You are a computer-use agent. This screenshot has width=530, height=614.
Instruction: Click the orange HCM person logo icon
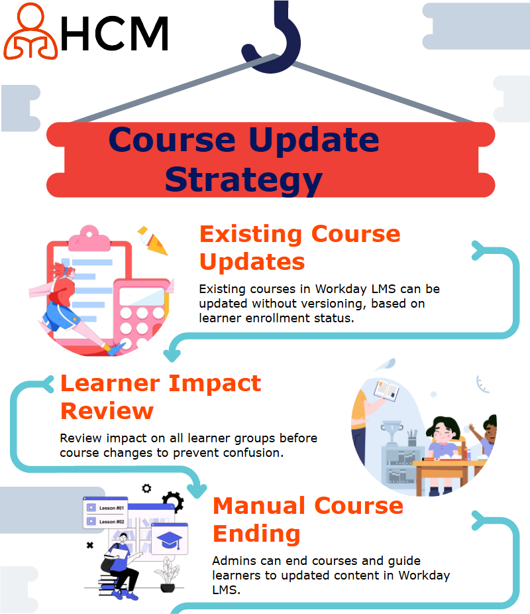[x=30, y=31]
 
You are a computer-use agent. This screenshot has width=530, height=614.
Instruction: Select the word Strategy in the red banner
[x=243, y=180]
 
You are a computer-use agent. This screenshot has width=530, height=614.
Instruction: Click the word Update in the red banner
[x=314, y=140]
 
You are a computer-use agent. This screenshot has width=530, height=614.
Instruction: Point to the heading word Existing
[x=250, y=235]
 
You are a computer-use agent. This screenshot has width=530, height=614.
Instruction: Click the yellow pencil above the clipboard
[x=153, y=240]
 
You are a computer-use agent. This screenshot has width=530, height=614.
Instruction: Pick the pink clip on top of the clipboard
[x=89, y=238]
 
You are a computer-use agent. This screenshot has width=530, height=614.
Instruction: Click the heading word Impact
[x=215, y=384]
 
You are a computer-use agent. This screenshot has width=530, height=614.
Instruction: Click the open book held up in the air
[x=386, y=391]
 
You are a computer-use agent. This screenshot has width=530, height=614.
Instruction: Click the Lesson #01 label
[x=111, y=508]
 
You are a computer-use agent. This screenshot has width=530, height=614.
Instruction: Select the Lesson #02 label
[x=111, y=522]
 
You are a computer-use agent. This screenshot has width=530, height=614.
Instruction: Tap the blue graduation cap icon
[x=169, y=540]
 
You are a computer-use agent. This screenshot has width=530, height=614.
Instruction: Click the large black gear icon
[x=173, y=501]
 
